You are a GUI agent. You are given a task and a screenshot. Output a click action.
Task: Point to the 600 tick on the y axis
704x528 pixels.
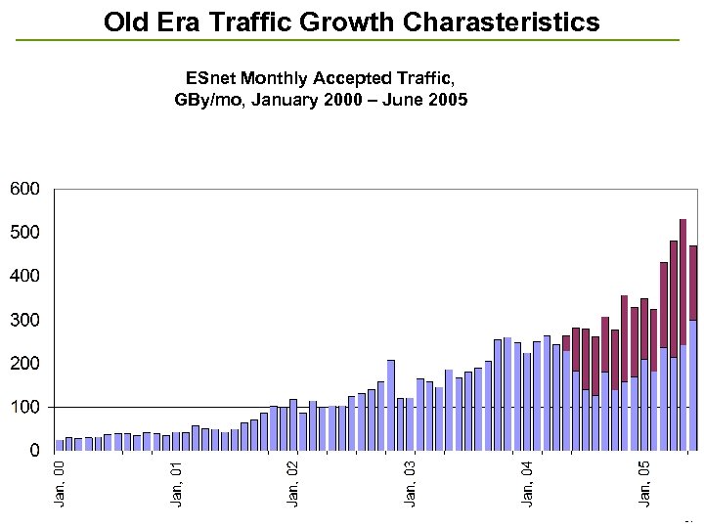click(x=24, y=188)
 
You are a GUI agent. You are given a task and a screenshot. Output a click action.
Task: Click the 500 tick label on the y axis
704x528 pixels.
click(x=24, y=232)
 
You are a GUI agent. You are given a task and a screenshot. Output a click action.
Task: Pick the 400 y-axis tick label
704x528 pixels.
click(x=24, y=276)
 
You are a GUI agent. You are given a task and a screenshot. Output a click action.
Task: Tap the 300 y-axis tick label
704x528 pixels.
click(x=24, y=320)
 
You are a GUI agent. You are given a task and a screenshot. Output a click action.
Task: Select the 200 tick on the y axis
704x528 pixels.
click(x=24, y=363)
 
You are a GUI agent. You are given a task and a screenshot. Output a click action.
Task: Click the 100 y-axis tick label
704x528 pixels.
click(x=24, y=407)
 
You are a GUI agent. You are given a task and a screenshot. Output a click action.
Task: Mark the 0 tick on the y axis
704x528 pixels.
click(x=33, y=451)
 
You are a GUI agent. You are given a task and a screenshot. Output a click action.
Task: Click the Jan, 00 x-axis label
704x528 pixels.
click(x=59, y=483)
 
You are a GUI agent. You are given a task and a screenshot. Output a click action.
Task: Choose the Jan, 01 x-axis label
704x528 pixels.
click(x=176, y=483)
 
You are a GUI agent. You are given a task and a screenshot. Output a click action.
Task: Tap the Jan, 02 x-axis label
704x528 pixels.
click(x=293, y=483)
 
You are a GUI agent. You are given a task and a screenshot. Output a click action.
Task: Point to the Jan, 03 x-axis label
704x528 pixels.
click(x=411, y=483)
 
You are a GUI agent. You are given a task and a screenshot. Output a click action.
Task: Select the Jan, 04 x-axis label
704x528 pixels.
click(x=528, y=483)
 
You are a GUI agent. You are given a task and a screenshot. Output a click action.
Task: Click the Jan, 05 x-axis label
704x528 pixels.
click(x=645, y=483)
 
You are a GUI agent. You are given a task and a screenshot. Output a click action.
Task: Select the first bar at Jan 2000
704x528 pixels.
click(x=60, y=445)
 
